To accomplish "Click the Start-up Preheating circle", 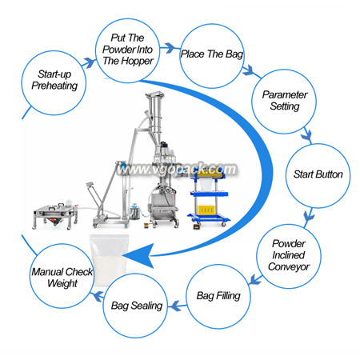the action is pyautogui.click(x=54, y=83).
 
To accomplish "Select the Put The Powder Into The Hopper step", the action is pyautogui.click(x=128, y=50).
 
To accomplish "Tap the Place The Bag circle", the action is pyautogui.click(x=212, y=56).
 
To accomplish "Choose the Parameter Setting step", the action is pyautogui.click(x=284, y=102).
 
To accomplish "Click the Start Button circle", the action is pyautogui.click(x=318, y=176).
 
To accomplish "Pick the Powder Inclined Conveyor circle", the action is pyautogui.click(x=289, y=256).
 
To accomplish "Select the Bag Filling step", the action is pyautogui.click(x=218, y=297).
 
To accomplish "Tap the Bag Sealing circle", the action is pyautogui.click(x=135, y=306).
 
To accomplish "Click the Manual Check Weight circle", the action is pyautogui.click(x=62, y=276).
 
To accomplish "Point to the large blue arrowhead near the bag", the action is pyautogui.click(x=142, y=255).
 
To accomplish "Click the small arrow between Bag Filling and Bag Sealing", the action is pyautogui.click(x=177, y=306).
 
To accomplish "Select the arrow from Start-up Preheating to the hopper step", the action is pyautogui.click(x=90, y=62).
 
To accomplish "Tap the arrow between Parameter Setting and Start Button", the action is pyautogui.click(x=306, y=135).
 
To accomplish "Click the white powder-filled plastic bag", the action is pyautogui.click(x=109, y=258).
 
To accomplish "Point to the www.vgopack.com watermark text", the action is pyautogui.click(x=177, y=169).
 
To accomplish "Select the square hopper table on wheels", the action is pyautogui.click(x=56, y=215).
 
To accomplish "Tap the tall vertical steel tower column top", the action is pyautogui.click(x=154, y=95).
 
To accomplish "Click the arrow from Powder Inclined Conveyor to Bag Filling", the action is pyautogui.click(x=255, y=279).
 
